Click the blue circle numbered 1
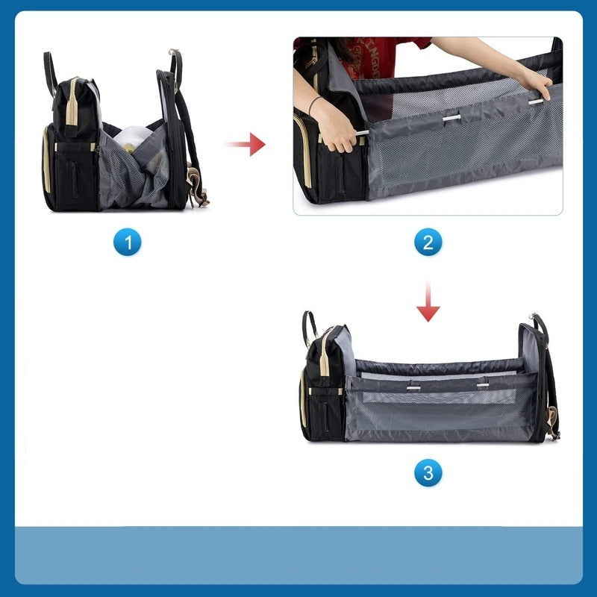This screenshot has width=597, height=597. [x=127, y=242]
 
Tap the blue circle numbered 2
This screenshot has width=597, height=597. [x=428, y=242]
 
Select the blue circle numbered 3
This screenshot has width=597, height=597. [x=428, y=472]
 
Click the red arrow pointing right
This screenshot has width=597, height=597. [x=246, y=144]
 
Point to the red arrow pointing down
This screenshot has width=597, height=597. [x=428, y=301]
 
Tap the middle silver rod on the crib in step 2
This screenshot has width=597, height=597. [x=451, y=118]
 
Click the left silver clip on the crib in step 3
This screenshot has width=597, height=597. [x=413, y=388]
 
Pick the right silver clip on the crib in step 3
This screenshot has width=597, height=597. [x=483, y=385]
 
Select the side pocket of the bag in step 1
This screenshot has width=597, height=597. [x=72, y=176]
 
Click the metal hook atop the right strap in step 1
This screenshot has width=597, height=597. [x=174, y=51]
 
